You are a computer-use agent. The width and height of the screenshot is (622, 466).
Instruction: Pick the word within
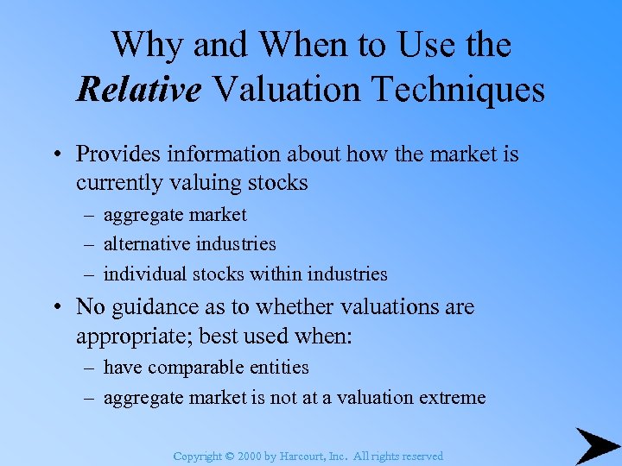tap(275, 274)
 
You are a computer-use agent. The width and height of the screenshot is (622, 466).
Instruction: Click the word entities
tap(276, 367)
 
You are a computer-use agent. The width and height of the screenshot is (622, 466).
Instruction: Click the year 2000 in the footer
tap(249, 456)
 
